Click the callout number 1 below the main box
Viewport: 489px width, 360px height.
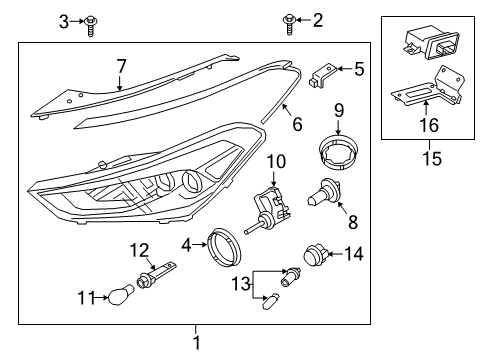tap(196, 343)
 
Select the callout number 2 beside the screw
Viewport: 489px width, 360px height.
tap(318, 20)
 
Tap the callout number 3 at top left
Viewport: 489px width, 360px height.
tap(63, 20)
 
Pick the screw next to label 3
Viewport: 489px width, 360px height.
tap(90, 22)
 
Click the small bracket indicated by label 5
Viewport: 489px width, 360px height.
tap(322, 76)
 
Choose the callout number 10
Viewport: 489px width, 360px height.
tap(277, 161)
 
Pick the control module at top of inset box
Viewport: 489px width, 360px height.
tap(428, 43)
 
